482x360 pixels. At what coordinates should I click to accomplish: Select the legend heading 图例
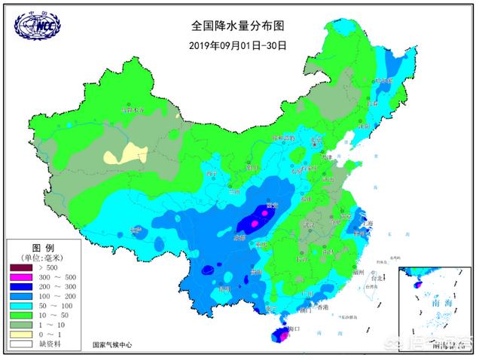pos(42,248)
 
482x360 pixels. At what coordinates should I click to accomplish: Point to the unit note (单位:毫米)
pos(43,258)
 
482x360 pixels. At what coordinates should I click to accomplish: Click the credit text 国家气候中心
pos(111,344)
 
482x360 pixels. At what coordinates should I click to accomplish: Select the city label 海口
pos(293,329)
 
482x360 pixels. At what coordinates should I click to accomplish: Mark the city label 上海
pos(369,223)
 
